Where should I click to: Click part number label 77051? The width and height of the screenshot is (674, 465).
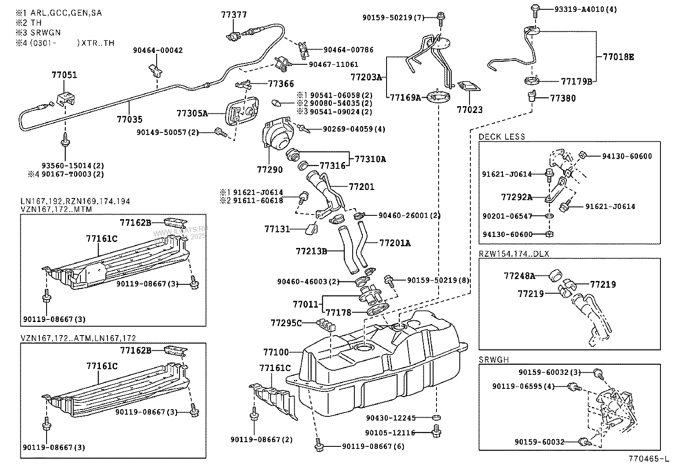click(x=64, y=75)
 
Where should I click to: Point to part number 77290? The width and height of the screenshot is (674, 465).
click(x=270, y=169)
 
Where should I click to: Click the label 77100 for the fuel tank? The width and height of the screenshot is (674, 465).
click(x=276, y=352)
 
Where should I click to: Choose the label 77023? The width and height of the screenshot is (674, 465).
click(x=470, y=110)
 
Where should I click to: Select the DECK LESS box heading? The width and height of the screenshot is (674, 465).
click(x=502, y=137)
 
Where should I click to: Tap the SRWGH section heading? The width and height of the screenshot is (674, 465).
click(x=494, y=360)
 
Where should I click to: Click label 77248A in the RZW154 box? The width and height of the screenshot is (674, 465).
click(x=519, y=276)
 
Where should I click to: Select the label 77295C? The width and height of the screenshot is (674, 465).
click(x=286, y=323)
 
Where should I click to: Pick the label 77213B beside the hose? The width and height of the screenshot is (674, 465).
click(x=311, y=251)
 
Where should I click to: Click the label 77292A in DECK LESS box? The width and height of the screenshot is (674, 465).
click(x=517, y=197)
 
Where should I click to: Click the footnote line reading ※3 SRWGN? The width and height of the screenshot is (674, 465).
click(x=38, y=33)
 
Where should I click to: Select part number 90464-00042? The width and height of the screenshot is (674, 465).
click(x=157, y=50)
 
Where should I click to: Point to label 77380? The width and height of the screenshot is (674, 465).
click(x=563, y=98)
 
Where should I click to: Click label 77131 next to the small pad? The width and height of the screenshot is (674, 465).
click(x=277, y=229)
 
